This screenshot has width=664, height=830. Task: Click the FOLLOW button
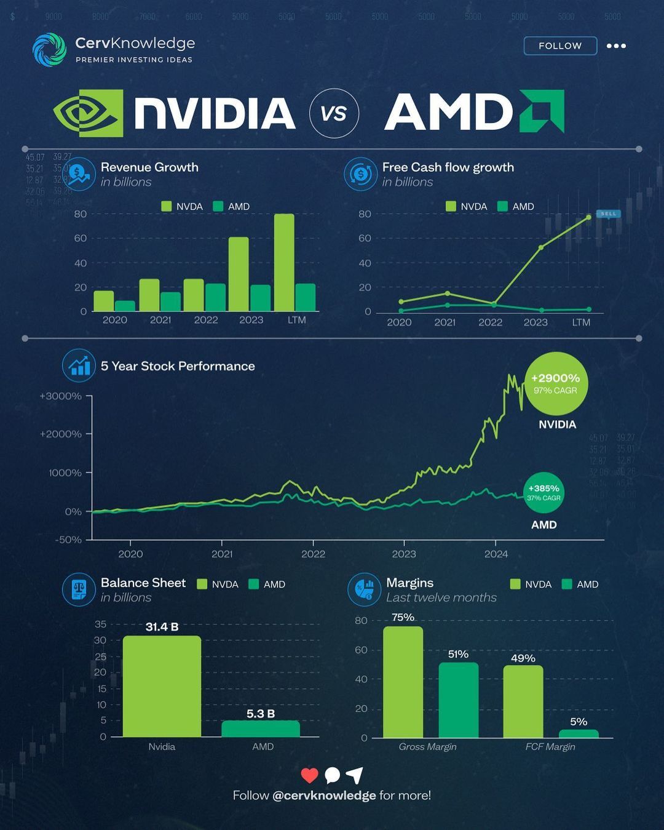tap(559, 46)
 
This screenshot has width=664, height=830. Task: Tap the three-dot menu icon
tap(615, 46)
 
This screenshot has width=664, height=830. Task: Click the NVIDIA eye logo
tap(88, 113)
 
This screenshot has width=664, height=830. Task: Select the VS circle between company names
tap(334, 113)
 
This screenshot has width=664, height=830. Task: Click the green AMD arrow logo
tap(542, 111)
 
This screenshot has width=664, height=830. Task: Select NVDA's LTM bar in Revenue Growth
tap(284, 263)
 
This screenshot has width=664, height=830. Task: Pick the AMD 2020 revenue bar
tap(125, 306)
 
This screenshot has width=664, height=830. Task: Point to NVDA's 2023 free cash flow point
tap(541, 247)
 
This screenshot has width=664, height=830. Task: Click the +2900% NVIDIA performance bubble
tap(555, 383)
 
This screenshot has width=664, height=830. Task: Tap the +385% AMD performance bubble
tap(543, 493)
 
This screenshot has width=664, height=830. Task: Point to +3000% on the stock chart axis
tap(61, 396)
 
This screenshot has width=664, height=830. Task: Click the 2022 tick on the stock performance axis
tap(313, 553)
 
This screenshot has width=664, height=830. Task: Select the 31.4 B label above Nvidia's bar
tap(162, 627)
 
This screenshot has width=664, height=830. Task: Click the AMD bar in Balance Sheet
tap(261, 729)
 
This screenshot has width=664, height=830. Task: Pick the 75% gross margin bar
tap(403, 682)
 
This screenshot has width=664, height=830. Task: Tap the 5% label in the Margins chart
tap(578, 721)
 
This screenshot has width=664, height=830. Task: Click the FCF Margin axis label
tap(550, 746)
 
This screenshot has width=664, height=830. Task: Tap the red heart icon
tap(309, 775)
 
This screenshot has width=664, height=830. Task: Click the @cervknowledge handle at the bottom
tap(324, 795)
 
